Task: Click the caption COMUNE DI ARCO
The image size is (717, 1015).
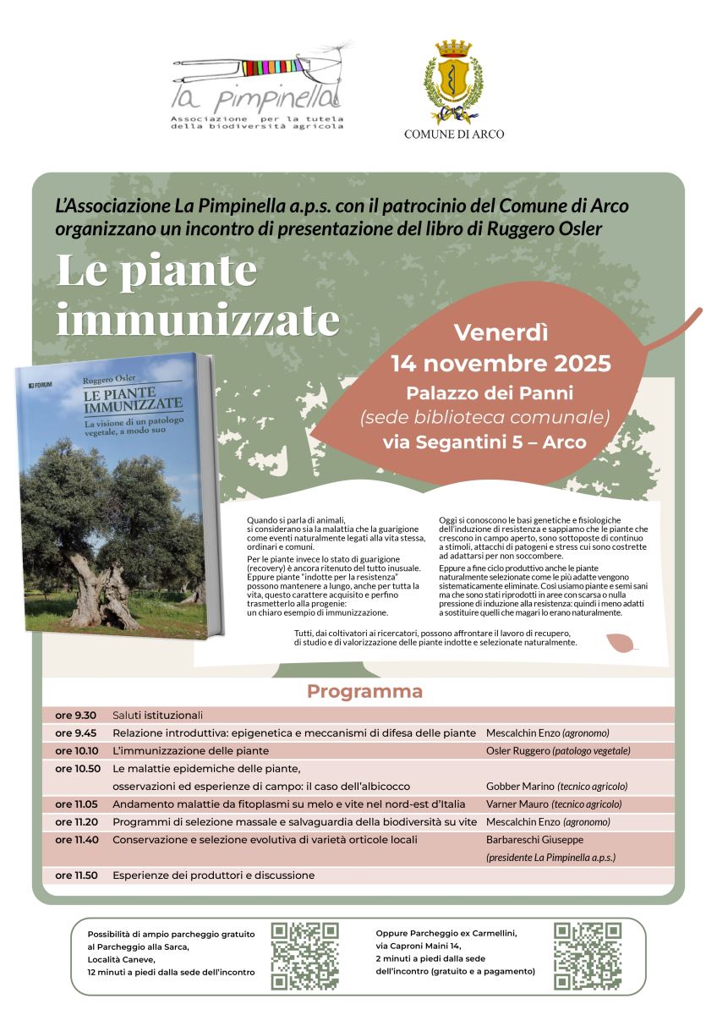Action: click(x=454, y=134)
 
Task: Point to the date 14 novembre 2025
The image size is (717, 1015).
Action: click(x=501, y=365)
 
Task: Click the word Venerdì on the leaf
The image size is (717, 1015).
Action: click(x=501, y=333)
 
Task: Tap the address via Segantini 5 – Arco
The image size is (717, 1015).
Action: click(x=484, y=442)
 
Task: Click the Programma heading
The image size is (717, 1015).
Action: click(x=364, y=692)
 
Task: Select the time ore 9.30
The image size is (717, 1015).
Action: click(x=76, y=716)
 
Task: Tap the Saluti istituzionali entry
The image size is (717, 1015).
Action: click(x=158, y=716)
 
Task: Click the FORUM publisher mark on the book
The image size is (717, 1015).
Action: click(x=41, y=385)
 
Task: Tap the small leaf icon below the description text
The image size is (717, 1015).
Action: click(x=621, y=645)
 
